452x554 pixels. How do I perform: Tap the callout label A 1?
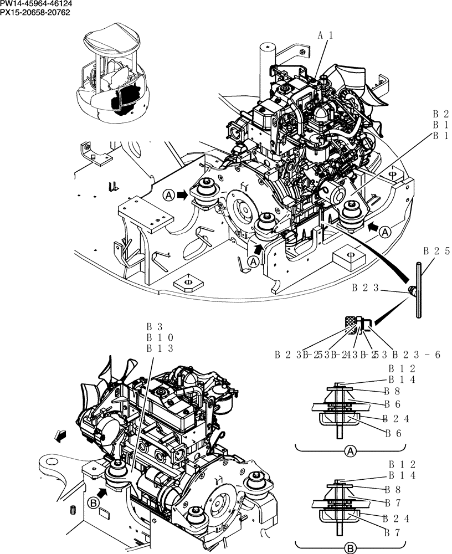[x=325, y=35]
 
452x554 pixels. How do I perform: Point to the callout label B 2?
[x=441, y=115]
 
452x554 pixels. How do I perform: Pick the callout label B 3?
[x=153, y=327]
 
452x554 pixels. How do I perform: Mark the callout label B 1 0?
[x=160, y=337]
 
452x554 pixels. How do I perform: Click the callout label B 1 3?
[x=160, y=348]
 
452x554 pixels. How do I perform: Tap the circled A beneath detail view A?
[x=350, y=452]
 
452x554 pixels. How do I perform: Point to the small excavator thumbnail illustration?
[x=115, y=75]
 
